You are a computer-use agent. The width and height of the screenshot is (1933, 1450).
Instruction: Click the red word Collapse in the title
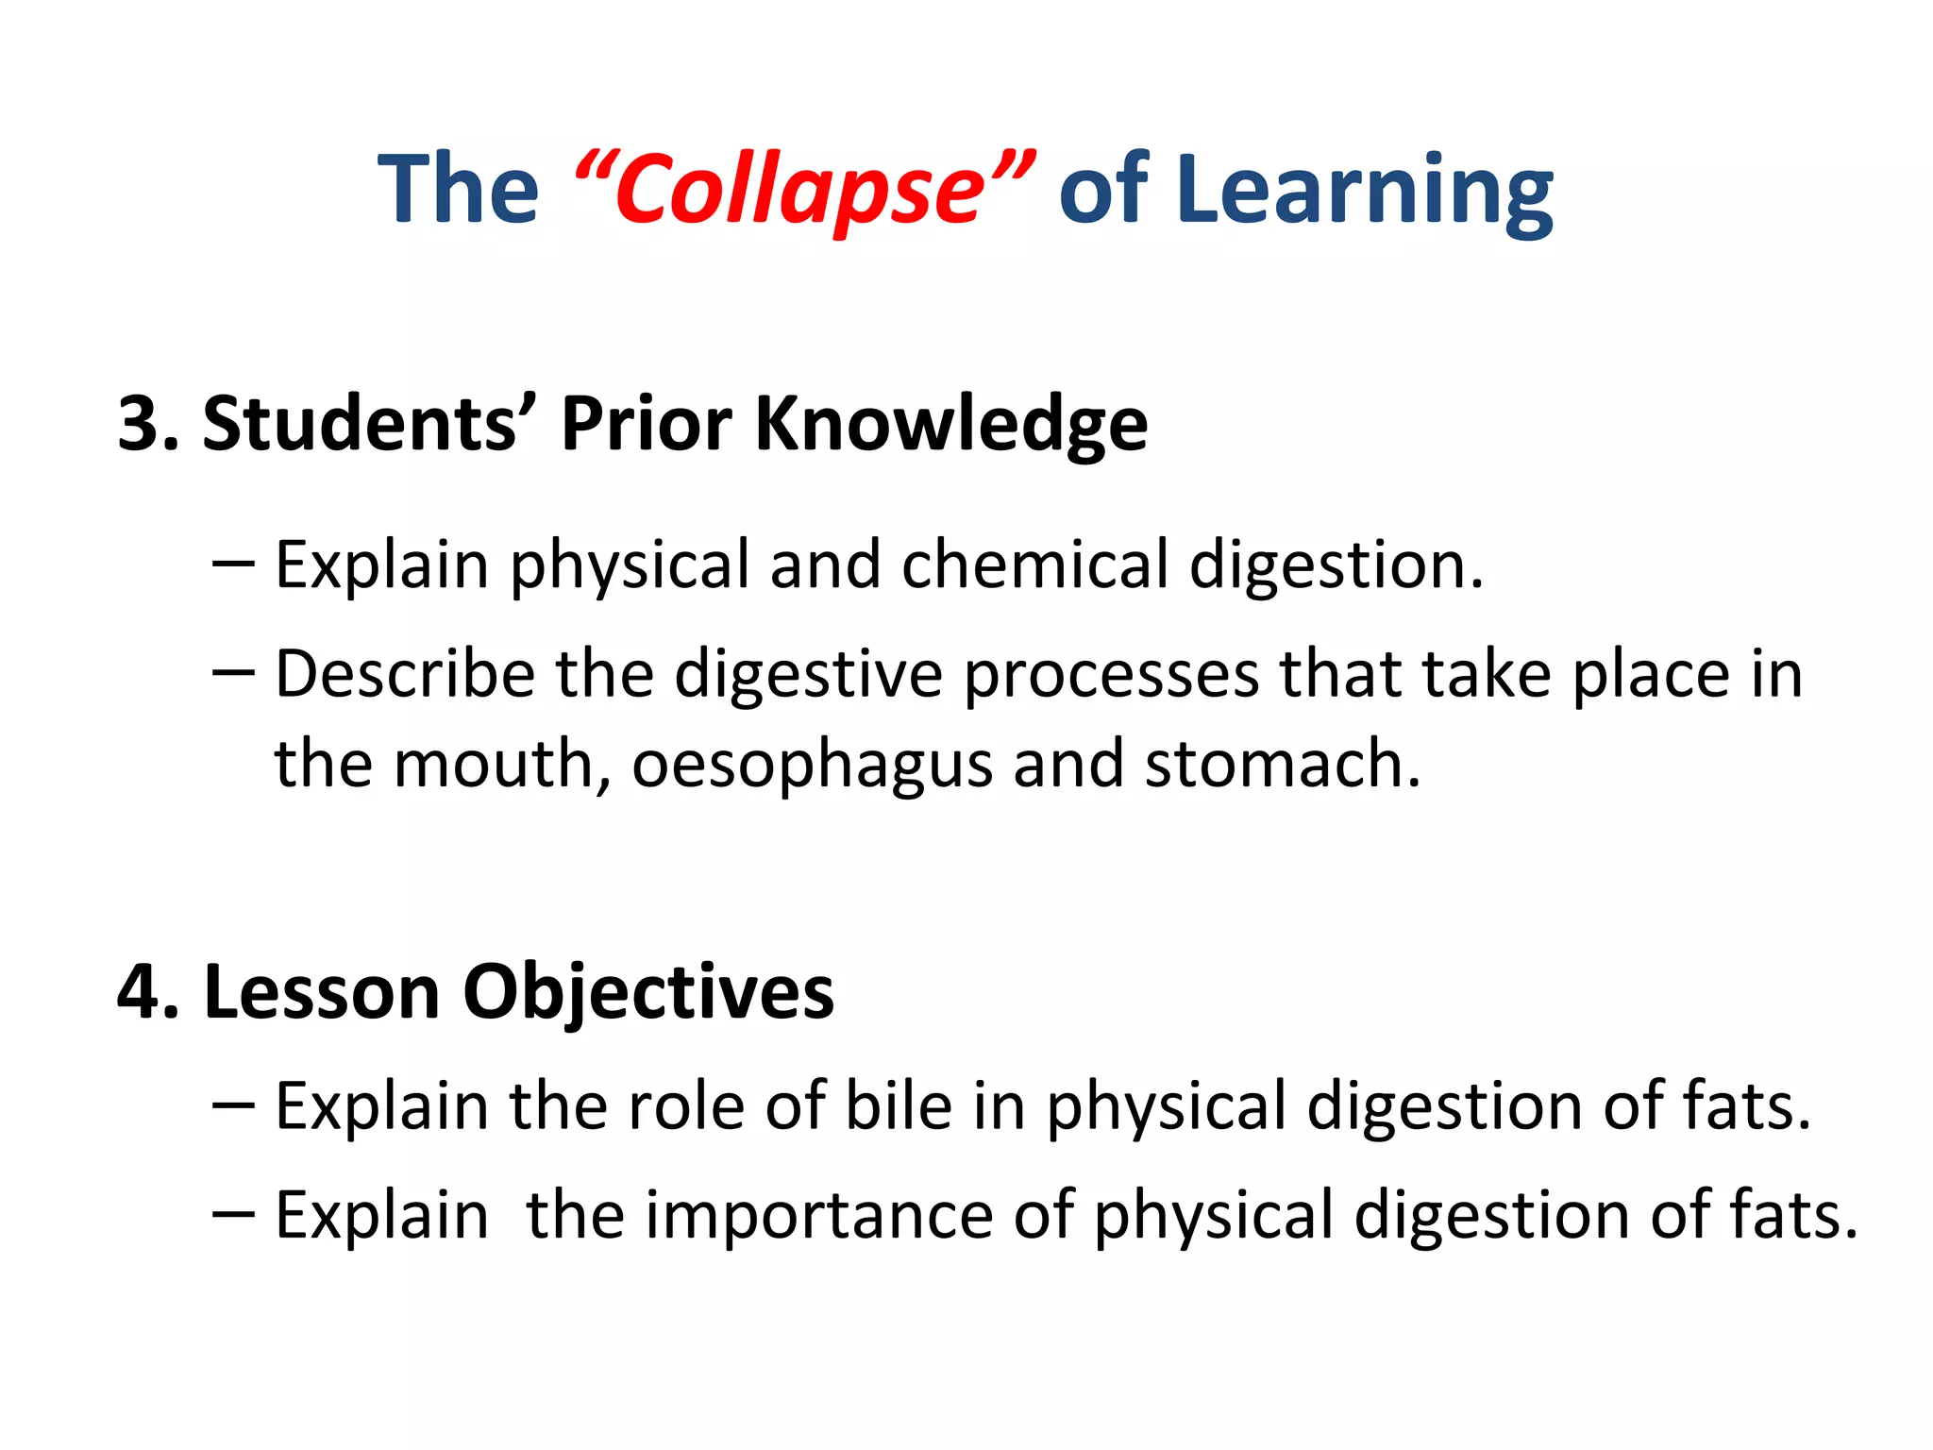click(x=800, y=191)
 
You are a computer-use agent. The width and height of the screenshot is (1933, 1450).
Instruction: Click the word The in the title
click(x=458, y=191)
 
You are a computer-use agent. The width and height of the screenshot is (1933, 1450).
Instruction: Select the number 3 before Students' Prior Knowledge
click(x=138, y=424)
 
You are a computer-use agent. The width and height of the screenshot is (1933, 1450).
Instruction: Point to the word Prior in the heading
click(x=646, y=424)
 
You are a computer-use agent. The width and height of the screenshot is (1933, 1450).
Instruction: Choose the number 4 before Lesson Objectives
click(x=138, y=992)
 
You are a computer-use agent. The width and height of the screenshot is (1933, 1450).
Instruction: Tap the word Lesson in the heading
click(x=322, y=992)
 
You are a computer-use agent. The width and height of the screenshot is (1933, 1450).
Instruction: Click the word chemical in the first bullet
click(x=1034, y=565)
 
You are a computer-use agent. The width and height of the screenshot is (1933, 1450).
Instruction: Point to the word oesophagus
click(x=812, y=766)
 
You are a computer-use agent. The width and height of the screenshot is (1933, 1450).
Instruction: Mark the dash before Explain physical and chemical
click(x=233, y=565)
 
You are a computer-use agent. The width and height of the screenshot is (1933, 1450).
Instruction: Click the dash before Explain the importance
click(x=233, y=1216)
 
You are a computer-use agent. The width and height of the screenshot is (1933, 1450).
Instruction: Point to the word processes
click(x=1111, y=676)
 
